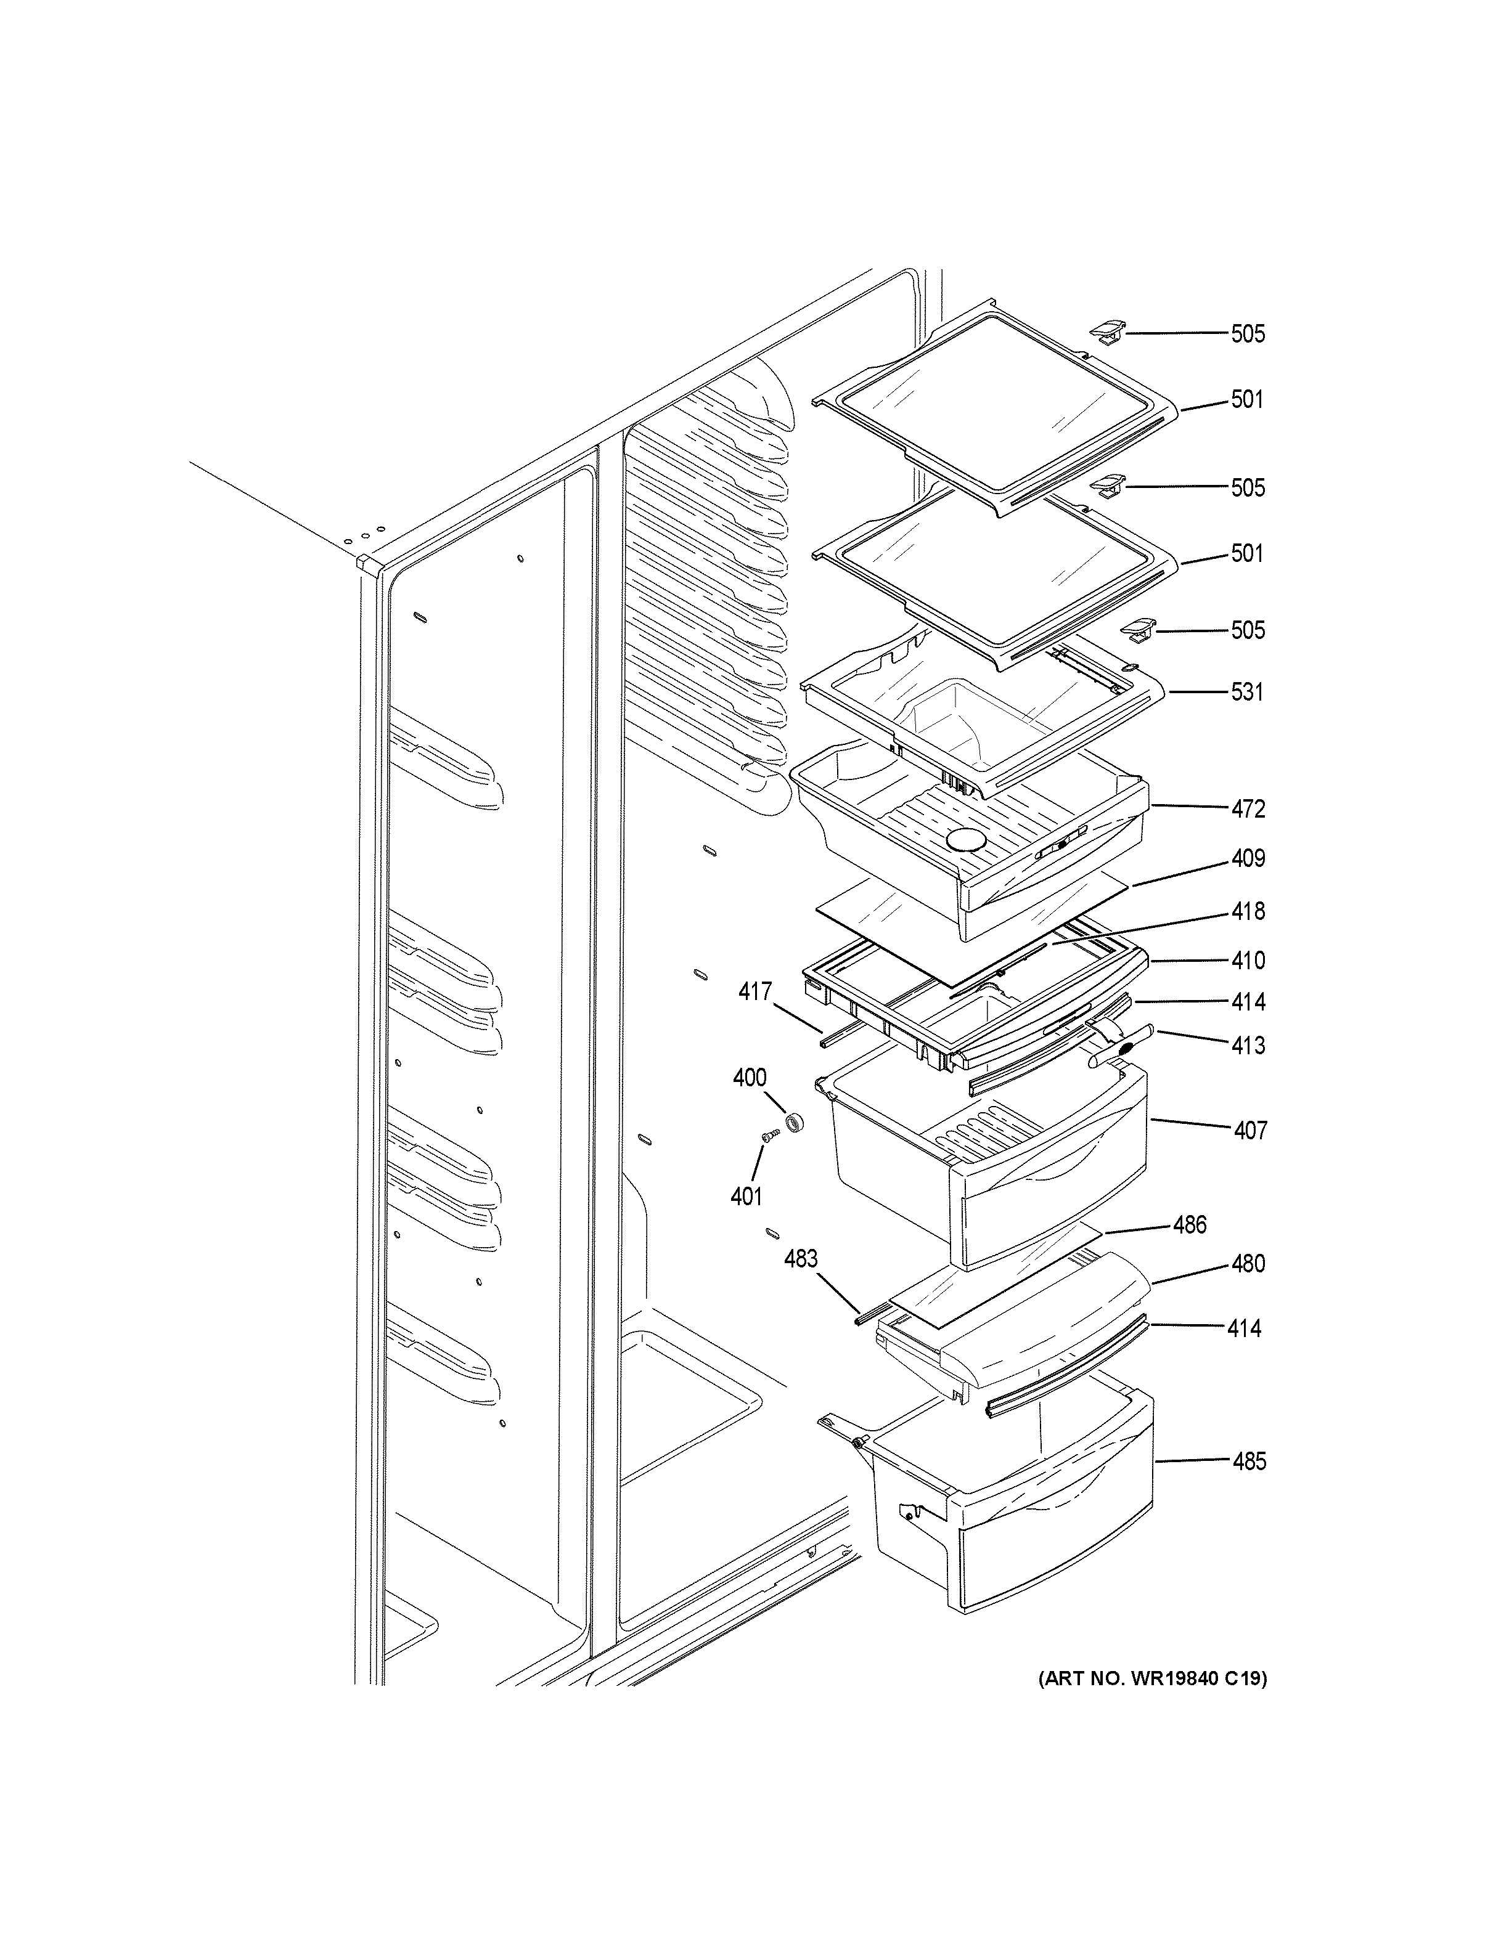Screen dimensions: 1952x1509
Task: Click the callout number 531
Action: [1247, 692]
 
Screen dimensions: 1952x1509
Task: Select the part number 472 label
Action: [1248, 809]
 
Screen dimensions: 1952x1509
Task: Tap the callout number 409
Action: [1248, 859]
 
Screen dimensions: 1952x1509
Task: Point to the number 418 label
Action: [1248, 912]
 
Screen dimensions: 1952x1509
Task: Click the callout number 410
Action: [1248, 961]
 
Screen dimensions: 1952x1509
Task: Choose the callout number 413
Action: [1248, 1045]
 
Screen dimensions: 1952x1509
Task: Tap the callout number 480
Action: [1248, 1264]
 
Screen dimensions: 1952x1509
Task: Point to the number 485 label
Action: [1249, 1462]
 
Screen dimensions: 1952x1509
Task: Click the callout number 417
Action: [755, 991]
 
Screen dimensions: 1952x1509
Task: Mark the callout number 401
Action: [746, 1196]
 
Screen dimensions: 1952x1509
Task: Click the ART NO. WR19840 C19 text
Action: [1151, 1678]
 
